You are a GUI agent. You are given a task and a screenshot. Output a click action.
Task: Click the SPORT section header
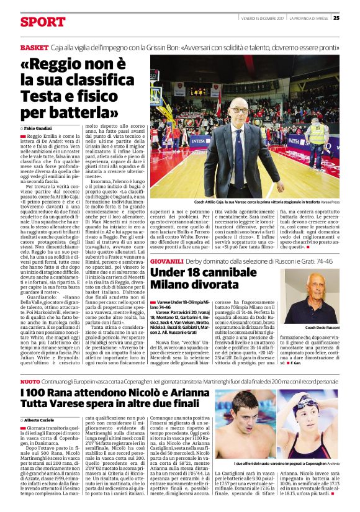(x=42, y=22)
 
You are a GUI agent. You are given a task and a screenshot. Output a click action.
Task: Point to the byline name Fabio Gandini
(x=38, y=127)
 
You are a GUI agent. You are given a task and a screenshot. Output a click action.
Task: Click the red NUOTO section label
(x=30, y=380)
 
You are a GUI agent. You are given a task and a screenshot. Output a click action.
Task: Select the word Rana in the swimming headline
(x=63, y=395)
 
